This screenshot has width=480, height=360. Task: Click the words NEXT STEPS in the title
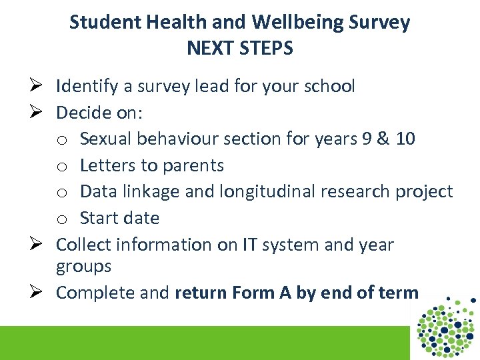(239, 49)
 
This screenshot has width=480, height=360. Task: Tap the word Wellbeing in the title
(297, 23)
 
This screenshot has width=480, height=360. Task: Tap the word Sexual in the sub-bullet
(106, 139)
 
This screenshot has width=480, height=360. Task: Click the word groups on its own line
(83, 267)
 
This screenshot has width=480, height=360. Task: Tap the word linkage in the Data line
(143, 192)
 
